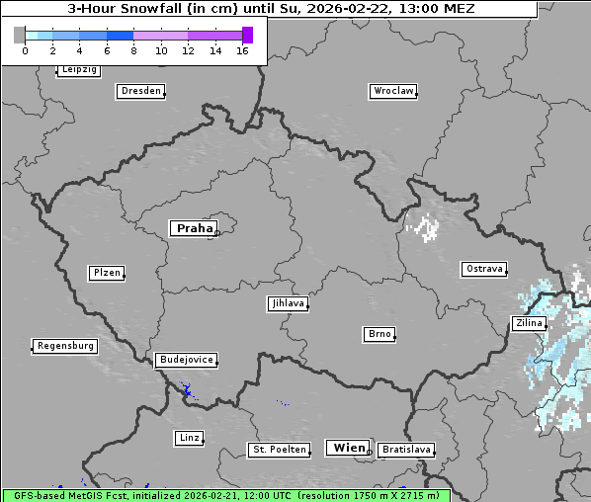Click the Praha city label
[193, 228]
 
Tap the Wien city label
[348, 448]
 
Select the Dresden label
[139, 91]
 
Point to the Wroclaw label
[392, 91]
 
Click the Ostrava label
[483, 269]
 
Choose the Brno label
[379, 334]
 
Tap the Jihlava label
[287, 303]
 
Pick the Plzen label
[106, 273]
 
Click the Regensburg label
[65, 346]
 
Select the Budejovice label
[185, 360]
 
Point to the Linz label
[189, 437]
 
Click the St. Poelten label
[279, 450]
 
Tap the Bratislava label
[405, 450]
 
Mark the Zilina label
[527, 323]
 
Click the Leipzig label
[78, 69]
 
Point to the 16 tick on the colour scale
[242, 50]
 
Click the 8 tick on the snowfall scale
[133, 50]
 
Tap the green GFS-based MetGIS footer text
[225, 495]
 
